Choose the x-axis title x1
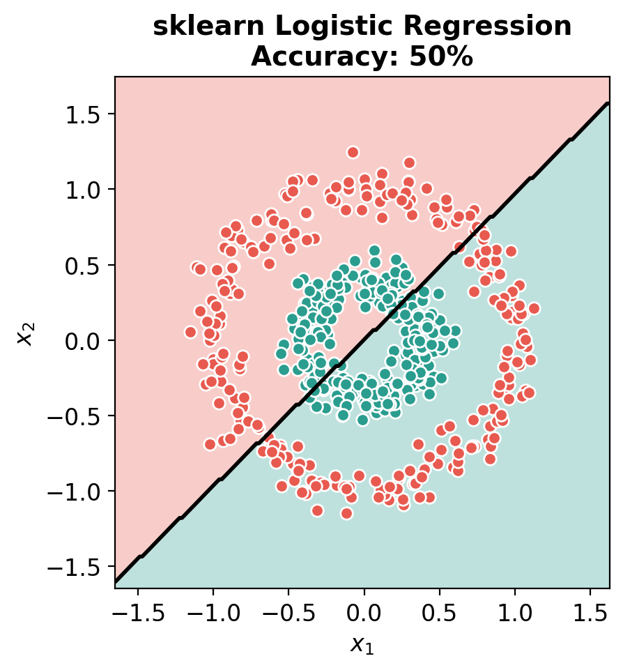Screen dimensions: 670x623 tap(362, 646)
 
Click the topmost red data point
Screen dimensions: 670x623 tap(353, 152)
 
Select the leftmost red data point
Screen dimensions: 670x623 tap(190, 332)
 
